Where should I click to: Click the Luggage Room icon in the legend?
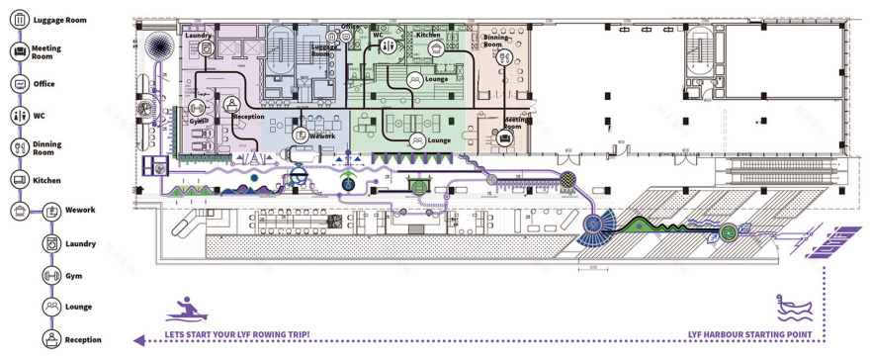18,19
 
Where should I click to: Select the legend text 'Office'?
43,84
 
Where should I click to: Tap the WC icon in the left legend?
18,116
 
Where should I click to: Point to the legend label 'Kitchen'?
46,180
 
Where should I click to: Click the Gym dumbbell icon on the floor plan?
195,107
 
